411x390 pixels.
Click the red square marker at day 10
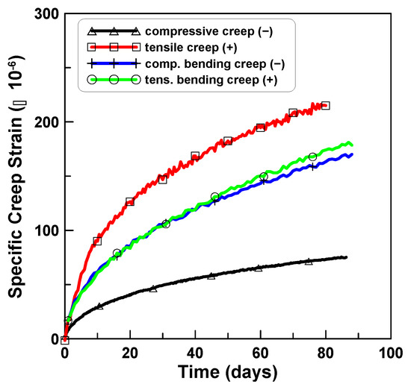(x=97, y=242)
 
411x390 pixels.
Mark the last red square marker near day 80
(x=325, y=106)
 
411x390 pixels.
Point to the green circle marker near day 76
(x=312, y=157)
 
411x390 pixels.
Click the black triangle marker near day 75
(x=309, y=262)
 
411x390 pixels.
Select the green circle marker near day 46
(x=214, y=197)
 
